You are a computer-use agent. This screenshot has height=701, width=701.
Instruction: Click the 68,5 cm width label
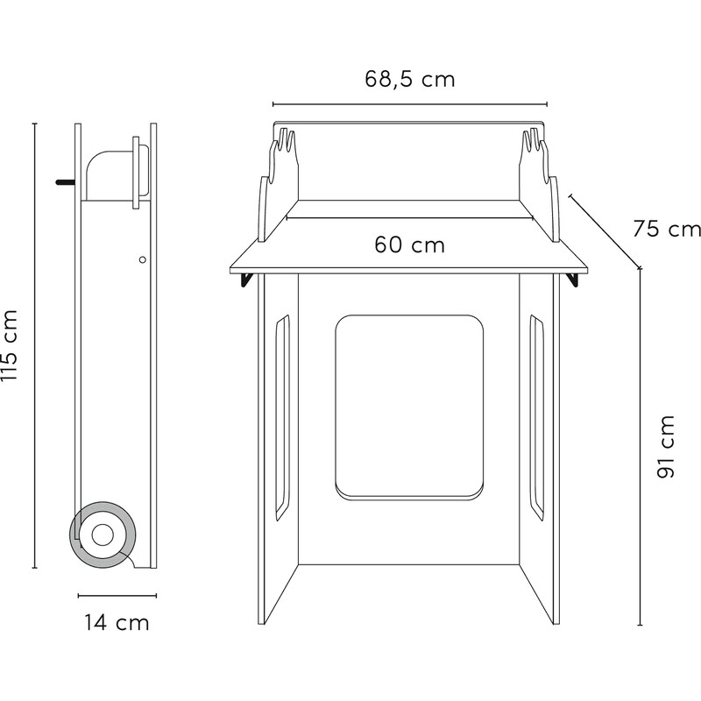pos(410,79)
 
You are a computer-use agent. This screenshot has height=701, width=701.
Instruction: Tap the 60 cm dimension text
pos(410,244)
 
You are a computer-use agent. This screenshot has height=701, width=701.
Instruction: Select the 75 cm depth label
pos(667,229)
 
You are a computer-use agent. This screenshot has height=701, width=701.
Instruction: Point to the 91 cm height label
pos(665,447)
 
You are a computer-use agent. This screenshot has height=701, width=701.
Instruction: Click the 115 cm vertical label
pos(9,344)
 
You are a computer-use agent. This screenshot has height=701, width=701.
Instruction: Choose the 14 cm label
pos(117,623)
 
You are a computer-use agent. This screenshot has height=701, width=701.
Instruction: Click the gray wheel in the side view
pos(103,535)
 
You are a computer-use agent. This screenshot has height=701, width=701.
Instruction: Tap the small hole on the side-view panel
pos(143,259)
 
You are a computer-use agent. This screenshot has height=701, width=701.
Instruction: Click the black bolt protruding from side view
pos(66,182)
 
